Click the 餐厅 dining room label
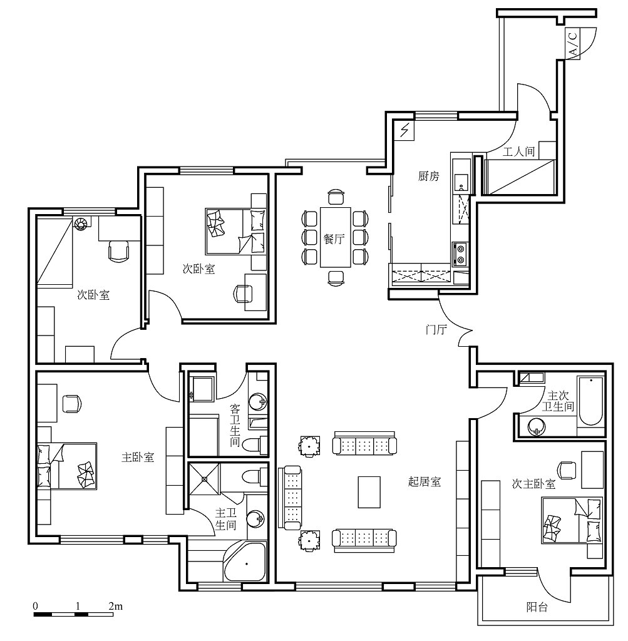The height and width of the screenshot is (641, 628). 334,238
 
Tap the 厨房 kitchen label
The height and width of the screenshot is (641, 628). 428,176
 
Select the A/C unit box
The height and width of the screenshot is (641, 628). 572,43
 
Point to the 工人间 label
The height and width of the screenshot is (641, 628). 518,151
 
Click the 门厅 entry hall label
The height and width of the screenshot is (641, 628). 436,329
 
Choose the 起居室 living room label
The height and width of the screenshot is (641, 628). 425,481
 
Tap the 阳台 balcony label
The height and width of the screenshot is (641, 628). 537,607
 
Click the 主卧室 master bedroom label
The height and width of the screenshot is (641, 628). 138,457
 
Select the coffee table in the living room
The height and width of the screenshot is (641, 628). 369,492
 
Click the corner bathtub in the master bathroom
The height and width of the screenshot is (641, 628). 245,562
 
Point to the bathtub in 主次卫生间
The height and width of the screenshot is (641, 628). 591,401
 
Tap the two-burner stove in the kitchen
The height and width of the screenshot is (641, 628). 460,254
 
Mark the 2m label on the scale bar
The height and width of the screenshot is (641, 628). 116,606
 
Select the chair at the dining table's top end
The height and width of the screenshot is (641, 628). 336,197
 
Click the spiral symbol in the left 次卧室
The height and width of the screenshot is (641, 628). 80,223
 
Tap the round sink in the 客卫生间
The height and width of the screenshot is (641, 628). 258,402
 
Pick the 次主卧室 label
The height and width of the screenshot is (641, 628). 533,484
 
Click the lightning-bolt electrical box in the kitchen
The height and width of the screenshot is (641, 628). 404,130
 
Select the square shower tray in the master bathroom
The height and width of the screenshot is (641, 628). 204,479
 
